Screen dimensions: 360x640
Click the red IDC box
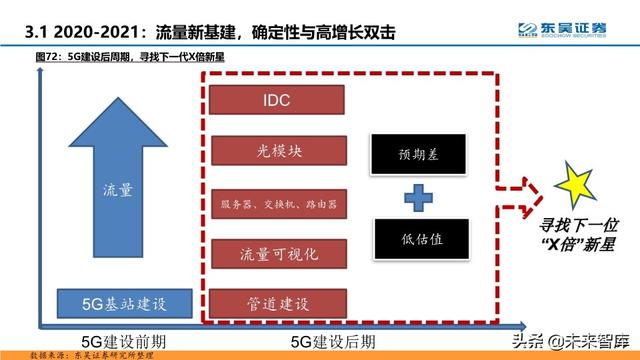276,102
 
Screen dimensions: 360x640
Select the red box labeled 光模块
276,153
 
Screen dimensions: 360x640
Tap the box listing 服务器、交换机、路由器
276,203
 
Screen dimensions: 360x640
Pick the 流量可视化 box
276,253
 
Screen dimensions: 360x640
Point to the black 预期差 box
413,154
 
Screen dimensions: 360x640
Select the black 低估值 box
413,239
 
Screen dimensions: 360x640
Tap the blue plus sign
413,197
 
